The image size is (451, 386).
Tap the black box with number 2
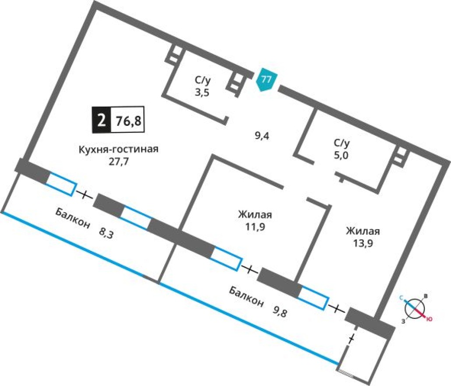tap(101, 120)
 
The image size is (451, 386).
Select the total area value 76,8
tap(128, 121)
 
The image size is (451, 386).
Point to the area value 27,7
tap(118, 161)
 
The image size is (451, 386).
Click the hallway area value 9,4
tap(261, 136)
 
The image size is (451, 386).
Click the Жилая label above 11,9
tap(255, 215)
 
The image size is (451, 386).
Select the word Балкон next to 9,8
tap(246, 297)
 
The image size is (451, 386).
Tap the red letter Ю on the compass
tap(429, 319)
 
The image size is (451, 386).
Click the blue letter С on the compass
tap(401, 297)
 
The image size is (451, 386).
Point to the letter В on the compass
tap(426, 296)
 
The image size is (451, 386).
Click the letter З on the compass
tap(403, 321)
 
